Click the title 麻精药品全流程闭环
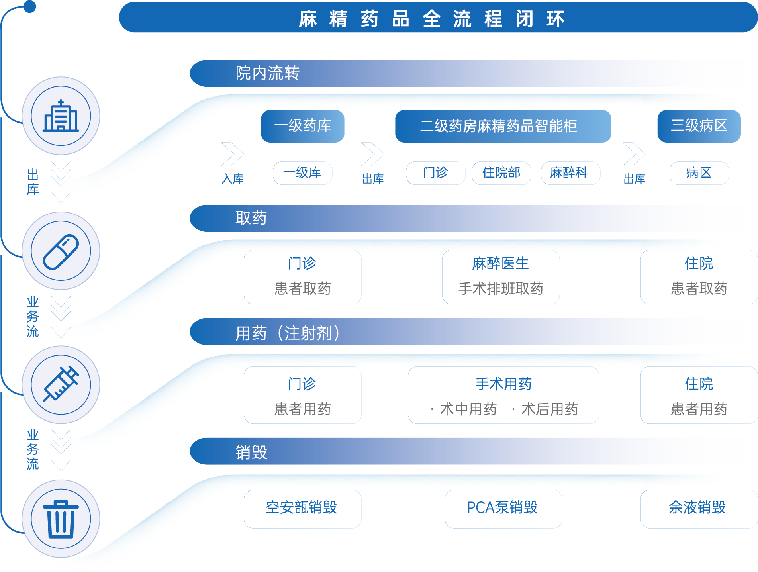click(432, 18)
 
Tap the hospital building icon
click(61, 116)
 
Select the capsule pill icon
click(61, 251)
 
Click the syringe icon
click(61, 384)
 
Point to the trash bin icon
click(61, 519)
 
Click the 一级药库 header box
click(302, 126)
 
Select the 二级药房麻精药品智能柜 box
click(503, 126)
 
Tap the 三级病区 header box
click(699, 126)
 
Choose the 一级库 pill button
click(302, 173)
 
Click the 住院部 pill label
click(501, 173)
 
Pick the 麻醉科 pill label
click(570, 173)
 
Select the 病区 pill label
click(699, 173)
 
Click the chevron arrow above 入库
click(233, 154)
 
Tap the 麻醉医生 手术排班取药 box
click(501, 277)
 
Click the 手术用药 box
click(503, 395)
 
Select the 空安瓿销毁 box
click(302, 508)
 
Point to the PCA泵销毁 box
click(503, 508)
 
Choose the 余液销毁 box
click(698, 508)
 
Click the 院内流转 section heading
click(268, 73)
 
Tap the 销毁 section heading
click(251, 452)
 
